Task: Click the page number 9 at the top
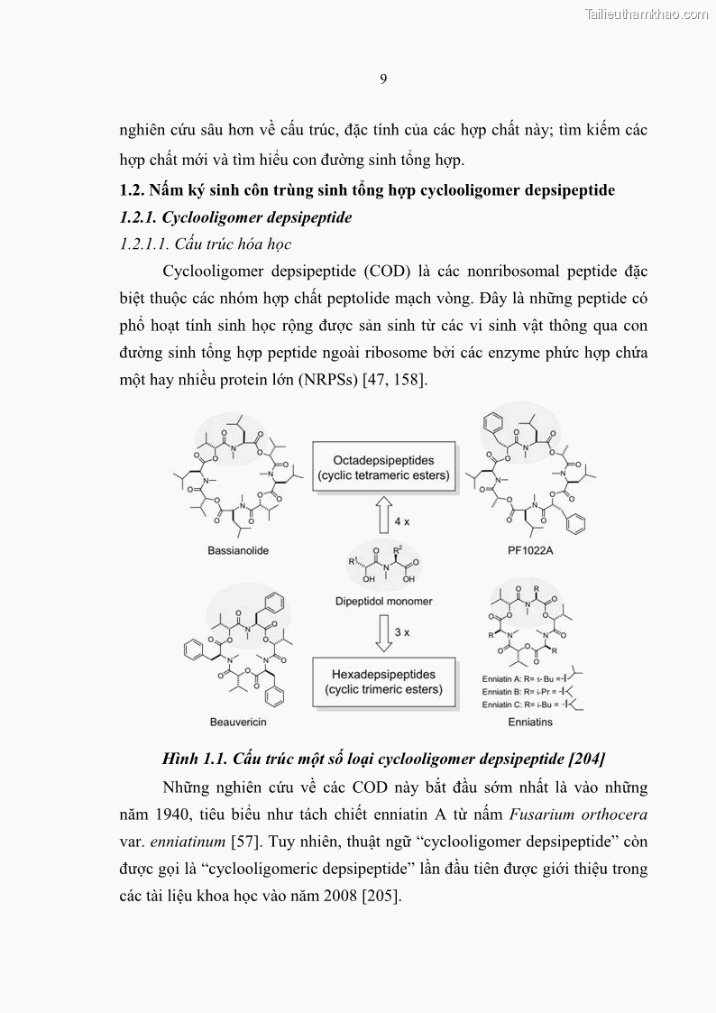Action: coord(383,79)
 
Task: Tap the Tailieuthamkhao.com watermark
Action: coord(647,14)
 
